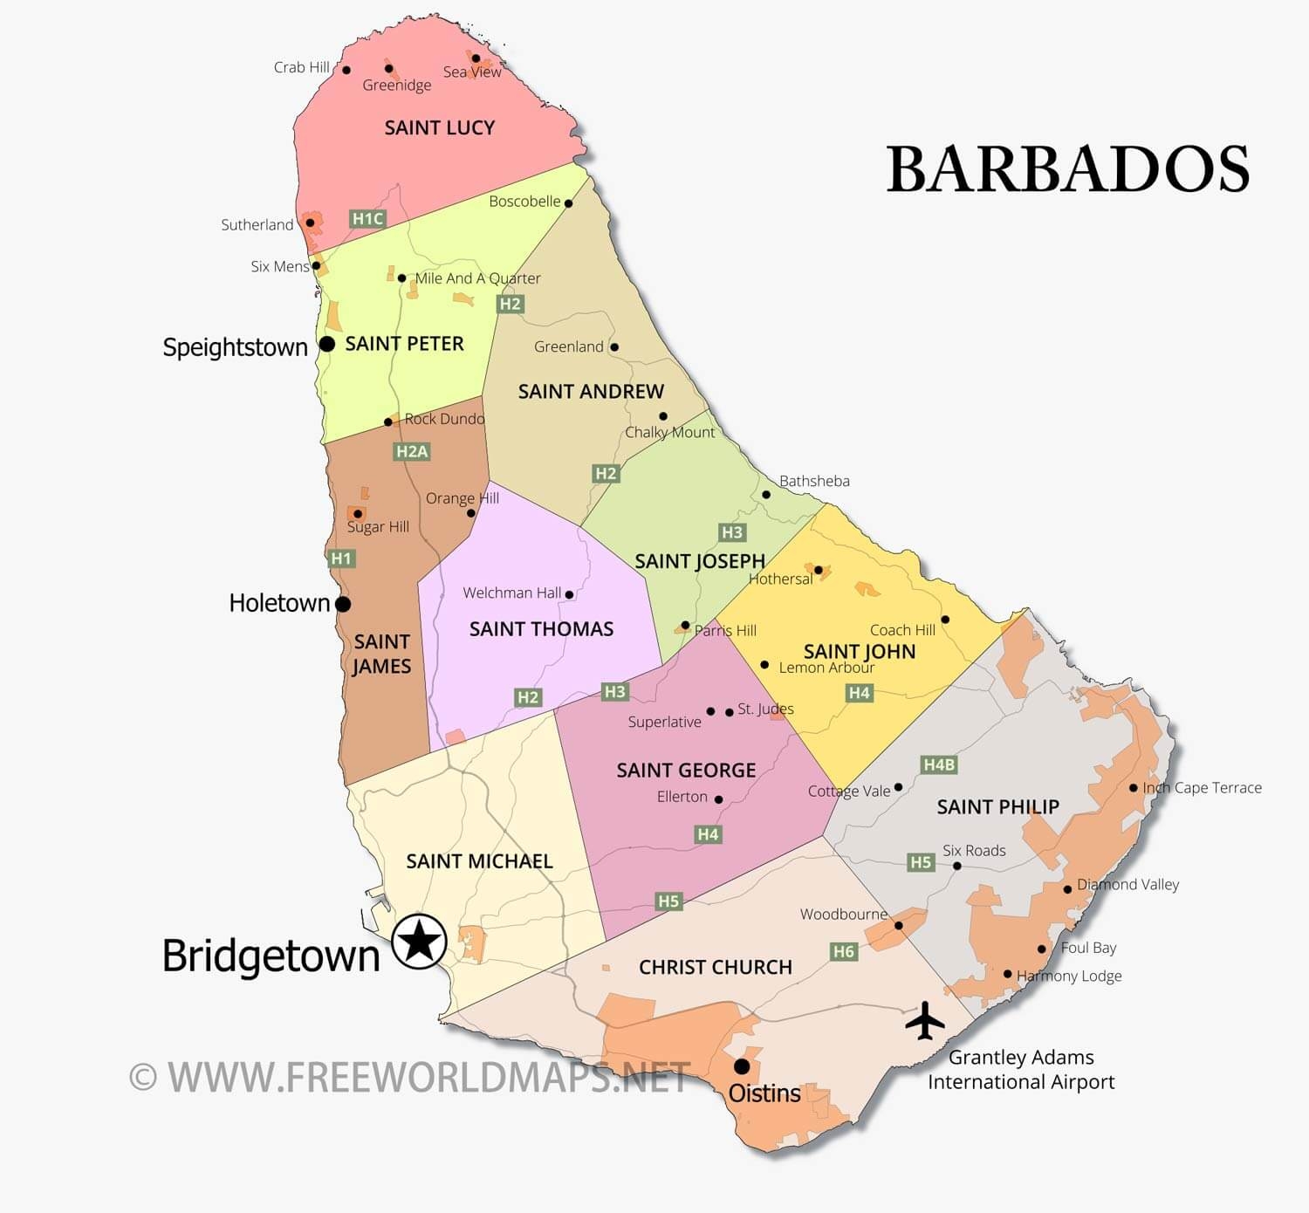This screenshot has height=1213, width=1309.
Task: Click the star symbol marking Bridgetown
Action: tap(420, 942)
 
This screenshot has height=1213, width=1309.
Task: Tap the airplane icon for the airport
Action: tap(924, 1020)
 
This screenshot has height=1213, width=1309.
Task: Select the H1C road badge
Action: tap(367, 219)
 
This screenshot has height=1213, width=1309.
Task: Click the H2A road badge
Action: tap(412, 451)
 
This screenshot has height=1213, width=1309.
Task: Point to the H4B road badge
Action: tap(939, 764)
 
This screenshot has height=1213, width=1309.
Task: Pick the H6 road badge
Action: tap(843, 951)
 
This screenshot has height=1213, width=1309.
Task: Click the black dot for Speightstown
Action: tap(327, 344)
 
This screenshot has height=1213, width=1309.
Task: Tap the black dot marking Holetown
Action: tap(343, 603)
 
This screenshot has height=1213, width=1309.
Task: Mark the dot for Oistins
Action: tap(742, 1066)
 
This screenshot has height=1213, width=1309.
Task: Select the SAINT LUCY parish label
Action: tap(440, 127)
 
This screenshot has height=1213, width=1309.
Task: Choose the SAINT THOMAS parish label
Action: tap(541, 628)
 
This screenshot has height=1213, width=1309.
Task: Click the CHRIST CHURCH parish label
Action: tap(716, 967)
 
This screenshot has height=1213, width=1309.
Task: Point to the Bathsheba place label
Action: tap(814, 481)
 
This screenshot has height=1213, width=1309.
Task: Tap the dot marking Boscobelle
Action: tap(568, 203)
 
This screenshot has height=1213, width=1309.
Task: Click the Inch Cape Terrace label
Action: tap(1202, 787)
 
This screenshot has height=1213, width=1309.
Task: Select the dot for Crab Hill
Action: tap(346, 70)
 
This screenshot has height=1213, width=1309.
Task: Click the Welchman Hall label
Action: tap(512, 593)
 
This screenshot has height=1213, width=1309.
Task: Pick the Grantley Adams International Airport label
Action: tap(1021, 1069)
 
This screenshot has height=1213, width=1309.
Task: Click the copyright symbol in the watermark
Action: tap(143, 1077)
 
